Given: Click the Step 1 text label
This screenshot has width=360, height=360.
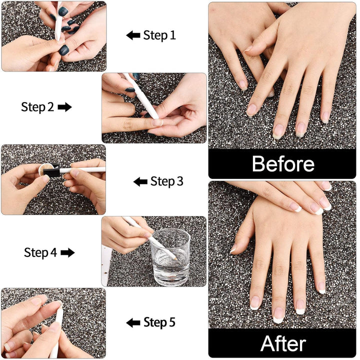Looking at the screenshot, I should coord(159,35).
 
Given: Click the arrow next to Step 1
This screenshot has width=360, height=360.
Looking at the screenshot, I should coord(133,35).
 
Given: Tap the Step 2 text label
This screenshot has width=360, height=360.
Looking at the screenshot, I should coord(37,107).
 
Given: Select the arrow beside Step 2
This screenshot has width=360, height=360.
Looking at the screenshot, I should coord(65,107).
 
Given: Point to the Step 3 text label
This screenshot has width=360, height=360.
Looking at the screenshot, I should coord(167,181).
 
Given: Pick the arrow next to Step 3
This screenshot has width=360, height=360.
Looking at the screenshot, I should coord(140,181).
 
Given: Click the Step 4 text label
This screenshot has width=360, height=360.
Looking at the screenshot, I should coord(40,252).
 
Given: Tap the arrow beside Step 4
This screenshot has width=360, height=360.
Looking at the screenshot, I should coord(67,252).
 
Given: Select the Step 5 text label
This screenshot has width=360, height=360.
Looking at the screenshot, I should coord(159,322).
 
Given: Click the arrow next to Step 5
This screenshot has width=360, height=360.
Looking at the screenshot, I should coord(133,322).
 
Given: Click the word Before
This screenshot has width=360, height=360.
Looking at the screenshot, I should coord(283,164).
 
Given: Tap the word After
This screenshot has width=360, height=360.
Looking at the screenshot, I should coord(283,344).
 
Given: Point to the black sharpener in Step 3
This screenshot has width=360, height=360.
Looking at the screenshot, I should coord(51,171).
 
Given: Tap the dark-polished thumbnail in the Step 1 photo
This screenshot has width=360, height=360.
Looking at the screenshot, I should coord(63,49).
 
